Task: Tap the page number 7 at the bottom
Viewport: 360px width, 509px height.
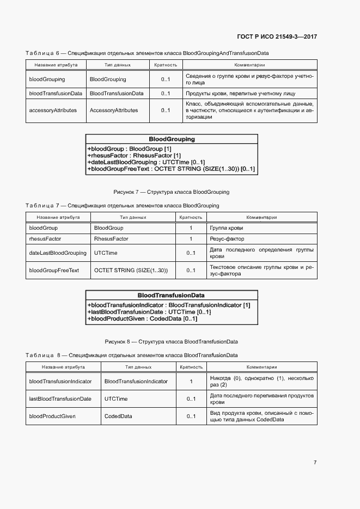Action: coord(315,462)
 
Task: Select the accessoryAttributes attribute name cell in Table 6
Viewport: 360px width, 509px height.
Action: coord(53,110)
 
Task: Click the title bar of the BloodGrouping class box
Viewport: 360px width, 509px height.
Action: coord(172,139)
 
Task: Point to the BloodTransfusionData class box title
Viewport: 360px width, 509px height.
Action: coord(171,295)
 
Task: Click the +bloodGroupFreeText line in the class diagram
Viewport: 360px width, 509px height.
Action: coord(170,169)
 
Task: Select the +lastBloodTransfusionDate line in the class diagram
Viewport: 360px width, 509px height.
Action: coord(149,312)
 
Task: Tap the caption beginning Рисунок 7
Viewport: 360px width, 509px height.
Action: coord(171,192)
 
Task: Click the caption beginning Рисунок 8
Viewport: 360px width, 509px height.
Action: coord(171,341)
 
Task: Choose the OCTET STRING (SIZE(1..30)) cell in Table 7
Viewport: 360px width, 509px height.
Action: coord(131,270)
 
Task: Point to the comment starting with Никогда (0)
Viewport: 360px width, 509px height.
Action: coord(261,381)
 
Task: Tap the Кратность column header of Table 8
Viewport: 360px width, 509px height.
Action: coord(191,367)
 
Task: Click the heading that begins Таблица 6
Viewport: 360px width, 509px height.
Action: coord(147,53)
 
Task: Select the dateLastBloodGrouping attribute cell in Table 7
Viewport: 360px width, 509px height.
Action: coord(57,253)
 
